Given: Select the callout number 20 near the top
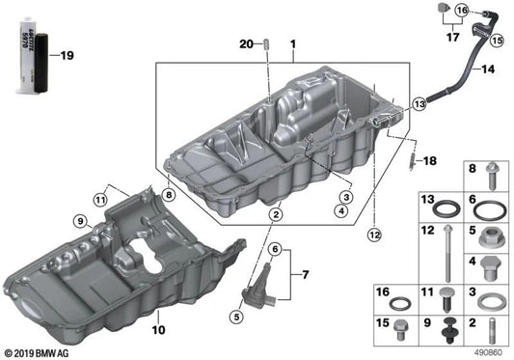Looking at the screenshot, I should click(x=245, y=44).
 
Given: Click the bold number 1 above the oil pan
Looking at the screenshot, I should click(x=293, y=44).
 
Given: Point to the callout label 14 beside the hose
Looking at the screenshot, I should click(x=487, y=69).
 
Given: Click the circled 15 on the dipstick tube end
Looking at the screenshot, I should click(x=499, y=42).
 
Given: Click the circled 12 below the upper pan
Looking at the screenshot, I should click(x=373, y=233).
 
